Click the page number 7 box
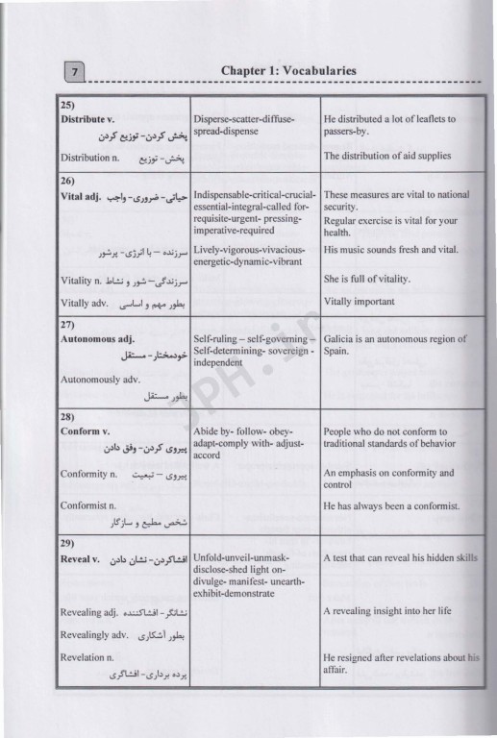coord(74,69)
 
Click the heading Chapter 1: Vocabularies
coord(288,70)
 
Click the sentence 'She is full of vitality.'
coord(367,280)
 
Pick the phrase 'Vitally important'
coord(359,302)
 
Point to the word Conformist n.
coord(88,505)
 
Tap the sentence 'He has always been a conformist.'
coord(391,505)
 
